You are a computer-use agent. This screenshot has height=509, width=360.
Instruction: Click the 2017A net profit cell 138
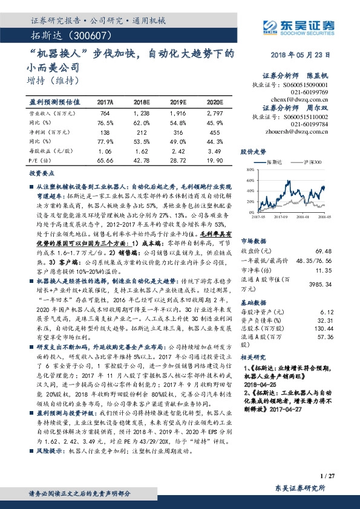105,131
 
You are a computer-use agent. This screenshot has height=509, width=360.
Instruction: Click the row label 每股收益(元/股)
48,150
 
